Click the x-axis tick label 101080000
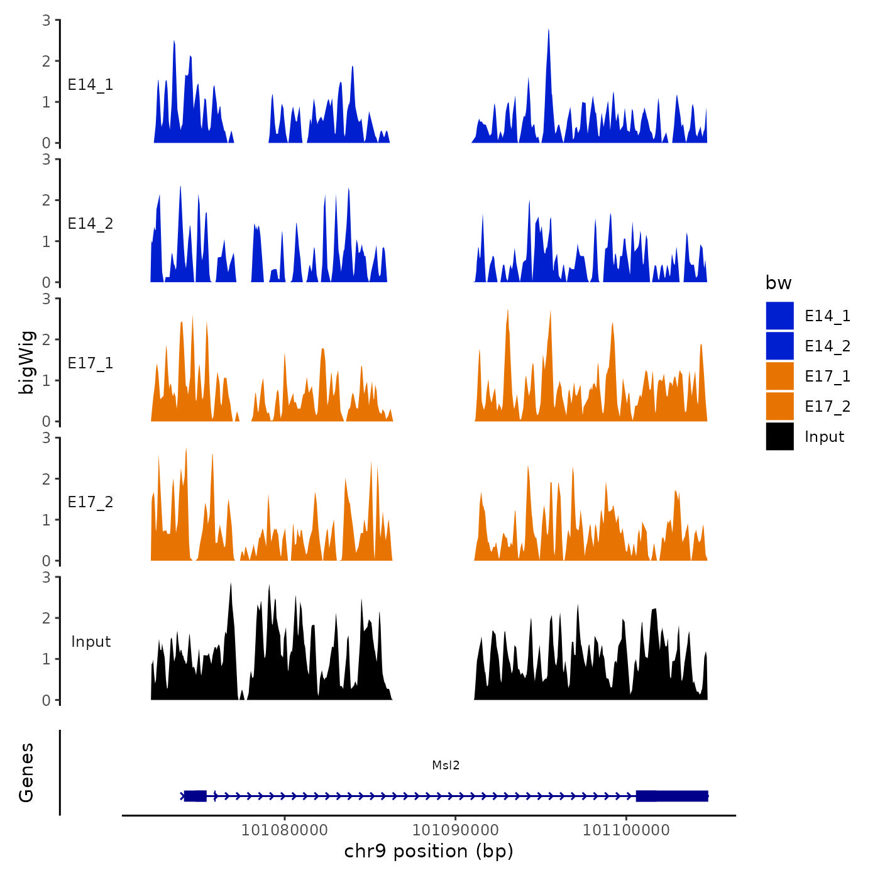click(x=284, y=830)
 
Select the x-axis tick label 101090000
click(x=455, y=830)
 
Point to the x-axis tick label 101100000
click(x=626, y=830)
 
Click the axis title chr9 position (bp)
click(x=429, y=852)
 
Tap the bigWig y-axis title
click(x=26, y=362)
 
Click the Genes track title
click(x=26, y=773)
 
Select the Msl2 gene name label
click(x=446, y=766)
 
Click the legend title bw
click(x=778, y=283)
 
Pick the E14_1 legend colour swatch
click(x=779, y=316)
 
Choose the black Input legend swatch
click(x=779, y=436)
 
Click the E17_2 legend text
click(x=827, y=407)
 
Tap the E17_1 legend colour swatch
click(x=779, y=376)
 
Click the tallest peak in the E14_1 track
click(x=548, y=31)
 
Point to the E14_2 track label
click(x=91, y=224)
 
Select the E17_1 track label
click(x=91, y=363)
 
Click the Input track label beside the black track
click(x=91, y=642)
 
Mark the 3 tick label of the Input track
click(x=47, y=577)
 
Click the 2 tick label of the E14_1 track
click(x=47, y=61)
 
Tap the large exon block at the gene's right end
click(x=672, y=796)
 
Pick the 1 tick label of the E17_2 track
click(x=47, y=520)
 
